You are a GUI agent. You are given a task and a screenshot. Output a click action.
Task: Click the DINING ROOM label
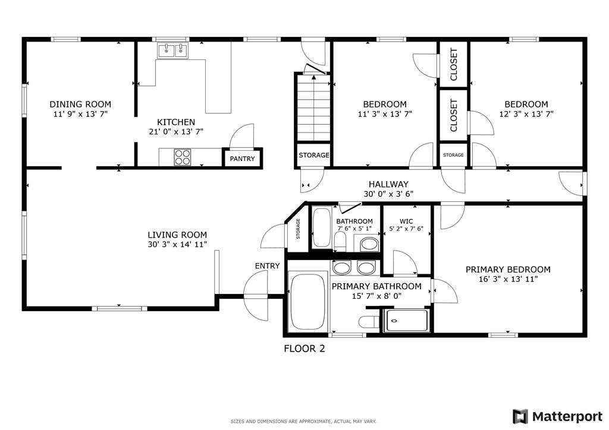click(80, 104)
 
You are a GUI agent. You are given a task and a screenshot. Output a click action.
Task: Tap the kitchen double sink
click(172, 51)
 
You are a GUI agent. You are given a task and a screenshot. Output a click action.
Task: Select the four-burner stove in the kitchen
click(183, 157)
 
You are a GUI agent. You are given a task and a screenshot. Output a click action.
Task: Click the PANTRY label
click(242, 159)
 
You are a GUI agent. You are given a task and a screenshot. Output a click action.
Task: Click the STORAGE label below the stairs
click(313, 155)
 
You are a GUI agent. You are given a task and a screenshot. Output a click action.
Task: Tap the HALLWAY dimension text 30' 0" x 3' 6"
click(388, 194)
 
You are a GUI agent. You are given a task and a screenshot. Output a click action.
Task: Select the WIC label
click(406, 221)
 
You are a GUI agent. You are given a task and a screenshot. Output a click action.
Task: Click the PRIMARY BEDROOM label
click(507, 269)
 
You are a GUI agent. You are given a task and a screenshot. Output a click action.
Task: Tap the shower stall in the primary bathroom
click(407, 321)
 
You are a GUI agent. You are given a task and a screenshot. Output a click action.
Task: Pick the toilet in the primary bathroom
click(369, 322)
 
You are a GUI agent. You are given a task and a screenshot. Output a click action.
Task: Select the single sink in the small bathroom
click(369, 244)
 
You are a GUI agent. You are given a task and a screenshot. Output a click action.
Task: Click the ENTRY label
click(267, 265)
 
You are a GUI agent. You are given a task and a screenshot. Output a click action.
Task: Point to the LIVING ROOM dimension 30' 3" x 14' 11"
click(177, 244)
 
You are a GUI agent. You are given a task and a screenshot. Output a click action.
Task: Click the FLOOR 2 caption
click(304, 349)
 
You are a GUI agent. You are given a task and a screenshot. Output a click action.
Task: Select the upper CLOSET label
click(454, 64)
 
